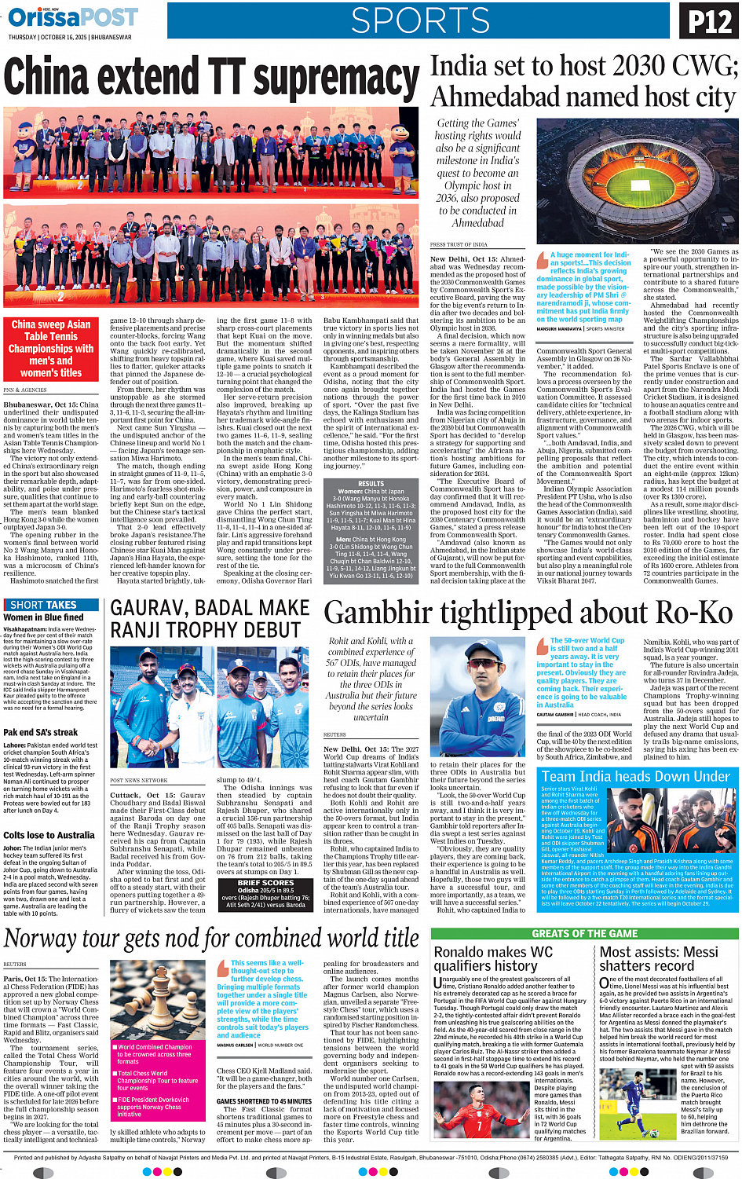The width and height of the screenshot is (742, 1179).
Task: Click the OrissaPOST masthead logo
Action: (73, 16)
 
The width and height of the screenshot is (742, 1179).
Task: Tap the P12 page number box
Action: (709, 20)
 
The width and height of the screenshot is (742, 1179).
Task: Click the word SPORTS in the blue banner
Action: (420, 20)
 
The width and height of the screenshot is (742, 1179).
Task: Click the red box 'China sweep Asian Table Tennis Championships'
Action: (51, 348)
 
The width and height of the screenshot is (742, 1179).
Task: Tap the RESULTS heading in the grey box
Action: (371, 484)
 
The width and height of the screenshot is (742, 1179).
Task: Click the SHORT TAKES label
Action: (43, 605)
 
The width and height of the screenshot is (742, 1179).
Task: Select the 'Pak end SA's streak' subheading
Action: (41, 732)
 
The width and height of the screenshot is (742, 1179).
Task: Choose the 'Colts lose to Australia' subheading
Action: (49, 835)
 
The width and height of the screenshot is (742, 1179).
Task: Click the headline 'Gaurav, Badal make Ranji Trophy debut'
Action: (210, 619)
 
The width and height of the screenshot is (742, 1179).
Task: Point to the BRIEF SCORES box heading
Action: (265, 883)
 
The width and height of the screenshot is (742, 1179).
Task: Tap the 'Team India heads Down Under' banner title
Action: (635, 777)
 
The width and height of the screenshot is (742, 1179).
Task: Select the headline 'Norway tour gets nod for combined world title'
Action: (212, 939)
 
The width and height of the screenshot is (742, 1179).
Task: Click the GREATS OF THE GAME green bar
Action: (584, 933)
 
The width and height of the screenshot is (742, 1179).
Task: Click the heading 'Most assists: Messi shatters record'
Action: (659, 958)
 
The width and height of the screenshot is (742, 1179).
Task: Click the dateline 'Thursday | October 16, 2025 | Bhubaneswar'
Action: (70, 37)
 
